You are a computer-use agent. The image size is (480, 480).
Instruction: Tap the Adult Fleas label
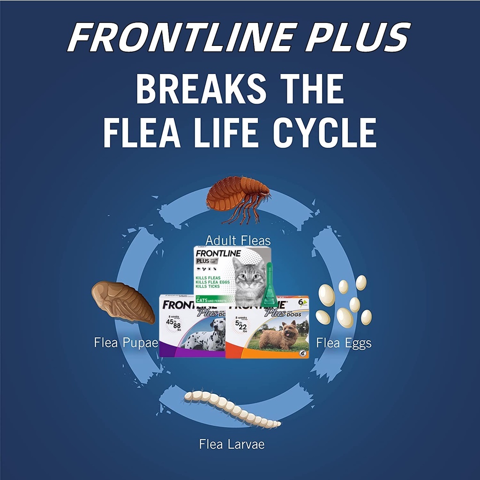(238, 240)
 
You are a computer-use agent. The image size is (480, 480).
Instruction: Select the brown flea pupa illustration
(122, 302)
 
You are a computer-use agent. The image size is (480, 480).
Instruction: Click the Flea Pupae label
(126, 343)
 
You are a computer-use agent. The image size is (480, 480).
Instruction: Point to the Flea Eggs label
(344, 343)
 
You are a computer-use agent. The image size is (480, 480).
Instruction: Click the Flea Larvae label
(232, 444)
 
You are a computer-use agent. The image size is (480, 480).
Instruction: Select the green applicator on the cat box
(270, 286)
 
